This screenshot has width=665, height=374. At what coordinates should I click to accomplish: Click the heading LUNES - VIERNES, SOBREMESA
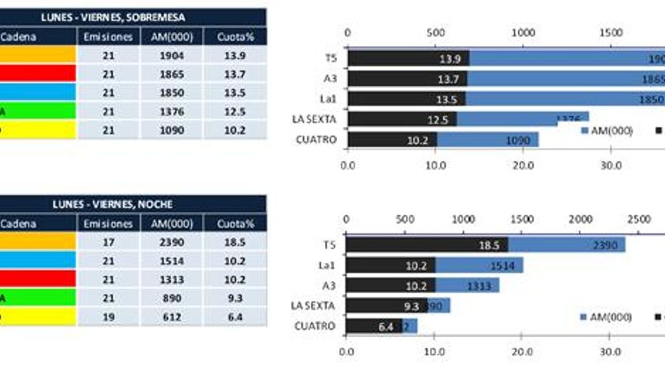pos(134,17)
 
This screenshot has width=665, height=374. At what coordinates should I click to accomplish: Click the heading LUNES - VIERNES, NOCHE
pos(133,204)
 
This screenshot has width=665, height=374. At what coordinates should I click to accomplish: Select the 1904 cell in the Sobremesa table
pos(171,55)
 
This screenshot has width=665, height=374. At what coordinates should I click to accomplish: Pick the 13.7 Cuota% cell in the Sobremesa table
pos(234,74)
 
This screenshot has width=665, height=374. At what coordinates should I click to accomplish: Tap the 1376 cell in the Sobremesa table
pos(171,111)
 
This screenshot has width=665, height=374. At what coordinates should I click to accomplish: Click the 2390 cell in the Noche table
pos(171,242)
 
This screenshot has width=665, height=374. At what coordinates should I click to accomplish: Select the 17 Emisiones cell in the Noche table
pos(108,242)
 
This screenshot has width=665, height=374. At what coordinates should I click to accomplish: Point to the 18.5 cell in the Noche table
pos(234,242)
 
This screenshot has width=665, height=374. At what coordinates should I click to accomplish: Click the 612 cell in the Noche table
pos(171,317)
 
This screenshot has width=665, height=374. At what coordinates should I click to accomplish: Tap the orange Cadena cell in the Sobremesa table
pos(38,55)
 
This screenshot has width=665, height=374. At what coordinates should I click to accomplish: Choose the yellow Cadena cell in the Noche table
pos(38,317)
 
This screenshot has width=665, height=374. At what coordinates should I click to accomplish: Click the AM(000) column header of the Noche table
pos(171,223)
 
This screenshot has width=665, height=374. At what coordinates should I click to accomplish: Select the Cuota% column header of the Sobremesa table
pos(234,36)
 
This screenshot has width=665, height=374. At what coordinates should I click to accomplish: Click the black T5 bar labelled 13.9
pos(408,58)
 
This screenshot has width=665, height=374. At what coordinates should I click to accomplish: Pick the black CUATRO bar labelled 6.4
pos(373,326)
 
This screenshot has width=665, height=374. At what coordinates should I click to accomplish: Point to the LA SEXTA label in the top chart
pos(314,119)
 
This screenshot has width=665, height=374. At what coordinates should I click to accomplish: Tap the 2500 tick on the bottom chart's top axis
pos(639,218)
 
